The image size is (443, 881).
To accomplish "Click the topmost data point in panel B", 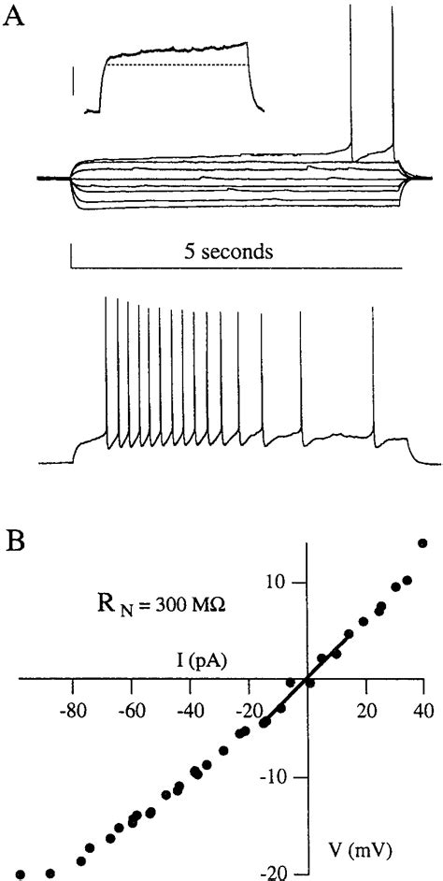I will [x=422, y=543].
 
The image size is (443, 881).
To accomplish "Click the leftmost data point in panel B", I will [x=21, y=874].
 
